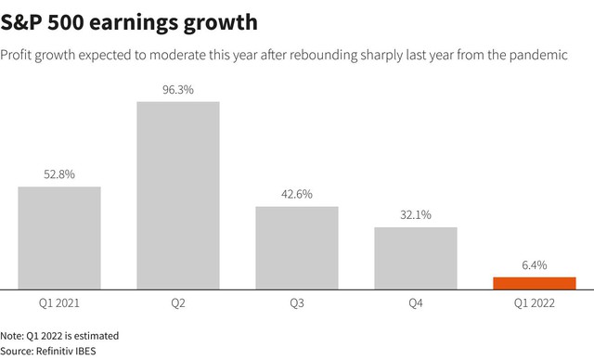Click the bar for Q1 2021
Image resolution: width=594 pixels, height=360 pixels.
point(59,238)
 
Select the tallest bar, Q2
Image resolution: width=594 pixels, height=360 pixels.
point(178,196)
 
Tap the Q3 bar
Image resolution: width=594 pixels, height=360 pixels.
point(297,248)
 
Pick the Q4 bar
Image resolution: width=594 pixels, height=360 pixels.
point(416,259)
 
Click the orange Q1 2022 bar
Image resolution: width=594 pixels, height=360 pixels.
point(535,284)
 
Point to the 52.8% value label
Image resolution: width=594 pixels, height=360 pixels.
point(59,174)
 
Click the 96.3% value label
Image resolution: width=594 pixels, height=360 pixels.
point(178,90)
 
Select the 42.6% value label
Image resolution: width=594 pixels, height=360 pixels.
point(297,194)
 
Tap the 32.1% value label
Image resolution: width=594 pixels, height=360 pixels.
point(416,215)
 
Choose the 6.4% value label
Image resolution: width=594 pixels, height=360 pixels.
point(535,265)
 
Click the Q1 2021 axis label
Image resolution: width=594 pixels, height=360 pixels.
point(59,303)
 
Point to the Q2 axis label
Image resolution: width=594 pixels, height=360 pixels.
point(178,303)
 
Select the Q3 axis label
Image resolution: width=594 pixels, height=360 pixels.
point(297,303)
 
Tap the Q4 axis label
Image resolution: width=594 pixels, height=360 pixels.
point(416,303)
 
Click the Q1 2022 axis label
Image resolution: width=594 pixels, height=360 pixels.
point(535,303)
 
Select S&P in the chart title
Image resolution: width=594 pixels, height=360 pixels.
point(21,22)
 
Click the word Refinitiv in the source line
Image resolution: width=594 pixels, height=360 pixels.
point(54,351)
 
